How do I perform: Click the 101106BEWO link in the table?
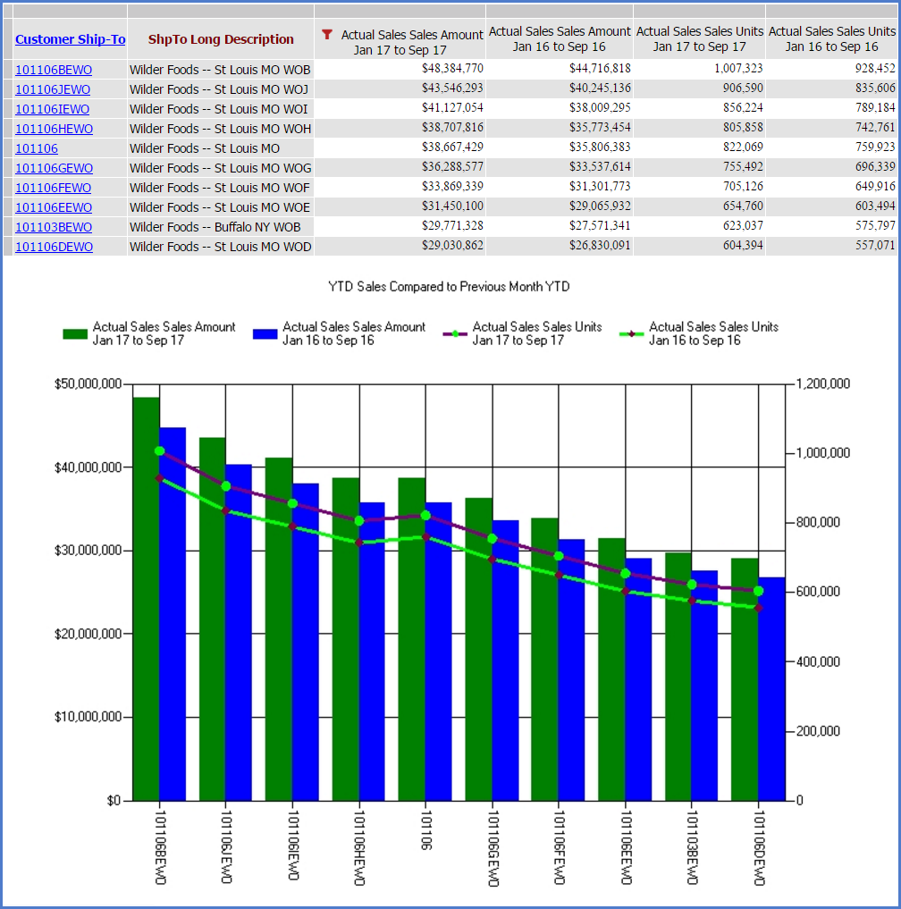pos(54,70)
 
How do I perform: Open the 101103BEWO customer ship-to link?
pos(54,227)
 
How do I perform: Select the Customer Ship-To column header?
pos(70,39)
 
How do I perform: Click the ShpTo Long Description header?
pos(221,39)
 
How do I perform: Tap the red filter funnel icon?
pos(327,35)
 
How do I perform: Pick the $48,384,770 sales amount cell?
pos(452,69)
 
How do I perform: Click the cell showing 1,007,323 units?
pos(738,69)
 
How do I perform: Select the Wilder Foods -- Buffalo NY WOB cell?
pos(215,227)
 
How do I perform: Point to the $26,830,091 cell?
pos(600,245)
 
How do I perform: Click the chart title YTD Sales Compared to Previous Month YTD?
pos(449,286)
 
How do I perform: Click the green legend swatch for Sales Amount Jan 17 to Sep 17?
pos(75,334)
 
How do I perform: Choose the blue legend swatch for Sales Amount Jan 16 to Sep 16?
pos(265,334)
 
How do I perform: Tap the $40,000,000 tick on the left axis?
pos(88,467)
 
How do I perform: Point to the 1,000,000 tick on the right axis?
pos(822,453)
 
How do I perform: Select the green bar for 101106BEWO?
pos(146,599)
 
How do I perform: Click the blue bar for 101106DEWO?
pos(771,689)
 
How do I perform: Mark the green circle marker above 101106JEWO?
pos(226,486)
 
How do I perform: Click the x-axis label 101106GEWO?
pos(493,848)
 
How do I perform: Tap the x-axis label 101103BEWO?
pos(692,847)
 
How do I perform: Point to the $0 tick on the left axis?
pos(114,801)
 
